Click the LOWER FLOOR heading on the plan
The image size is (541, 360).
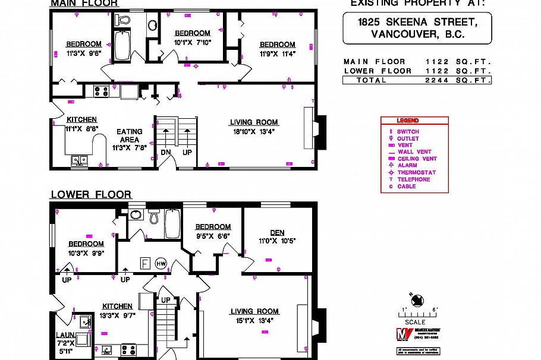91,195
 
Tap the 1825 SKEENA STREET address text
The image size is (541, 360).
417,22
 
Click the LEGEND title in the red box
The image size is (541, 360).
408,121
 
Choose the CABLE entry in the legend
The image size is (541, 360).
407,186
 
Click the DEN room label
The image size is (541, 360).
277,232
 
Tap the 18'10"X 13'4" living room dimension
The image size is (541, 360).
254,132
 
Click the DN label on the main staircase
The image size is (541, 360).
166,152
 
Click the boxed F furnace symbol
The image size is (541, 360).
144,263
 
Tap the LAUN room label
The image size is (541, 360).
65,335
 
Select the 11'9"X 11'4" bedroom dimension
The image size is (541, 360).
277,53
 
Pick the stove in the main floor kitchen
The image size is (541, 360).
100,91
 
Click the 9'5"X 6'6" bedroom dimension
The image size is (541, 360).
213,235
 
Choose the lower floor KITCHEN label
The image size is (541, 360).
117,307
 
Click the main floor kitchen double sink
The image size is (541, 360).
79,159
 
